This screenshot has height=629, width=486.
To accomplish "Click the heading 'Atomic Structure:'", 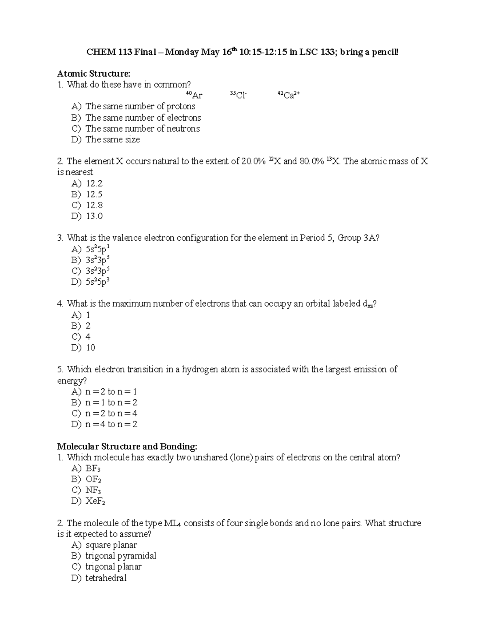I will click(94, 74).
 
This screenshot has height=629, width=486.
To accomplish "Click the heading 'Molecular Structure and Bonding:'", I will click(127, 446).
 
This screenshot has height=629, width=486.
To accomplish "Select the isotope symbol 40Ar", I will click(194, 96).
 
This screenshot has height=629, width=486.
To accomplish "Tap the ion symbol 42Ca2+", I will click(288, 96).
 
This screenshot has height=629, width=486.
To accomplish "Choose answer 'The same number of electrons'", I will click(143, 118).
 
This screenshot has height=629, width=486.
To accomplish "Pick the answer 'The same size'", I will click(113, 140).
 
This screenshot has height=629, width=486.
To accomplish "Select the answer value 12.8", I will click(94, 205).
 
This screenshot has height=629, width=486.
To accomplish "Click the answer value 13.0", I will click(94, 216).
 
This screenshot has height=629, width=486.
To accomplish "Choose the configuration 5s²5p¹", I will click(97, 249).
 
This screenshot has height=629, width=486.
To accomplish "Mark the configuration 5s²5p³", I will click(97, 281).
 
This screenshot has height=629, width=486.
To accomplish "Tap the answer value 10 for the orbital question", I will click(90, 348).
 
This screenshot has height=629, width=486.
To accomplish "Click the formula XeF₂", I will click(95, 501).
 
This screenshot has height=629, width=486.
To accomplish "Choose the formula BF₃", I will click(93, 469).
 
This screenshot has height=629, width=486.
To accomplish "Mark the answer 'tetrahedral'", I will click(106, 578).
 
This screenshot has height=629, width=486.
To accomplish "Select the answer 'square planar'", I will click(111, 545).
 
